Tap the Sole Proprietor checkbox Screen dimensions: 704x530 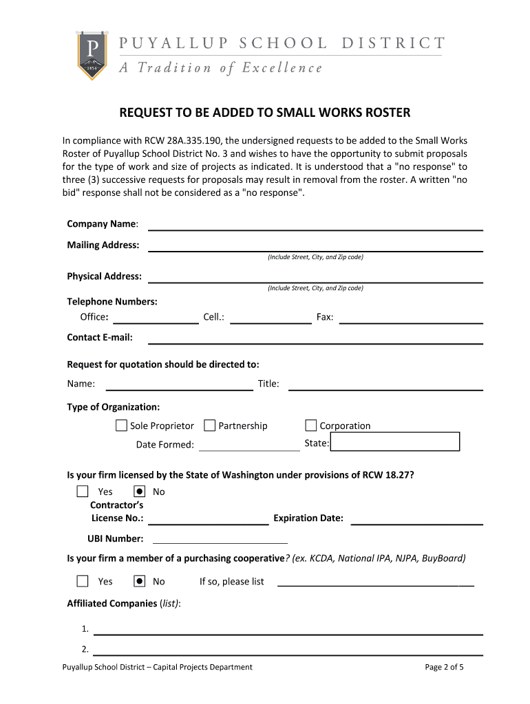122,426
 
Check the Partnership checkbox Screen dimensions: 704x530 210,426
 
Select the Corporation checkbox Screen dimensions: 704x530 311,426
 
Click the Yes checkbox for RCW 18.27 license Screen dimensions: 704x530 83,492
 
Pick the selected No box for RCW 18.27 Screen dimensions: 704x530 140,492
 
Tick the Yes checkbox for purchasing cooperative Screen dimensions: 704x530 83,581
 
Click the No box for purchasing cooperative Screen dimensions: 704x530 140,581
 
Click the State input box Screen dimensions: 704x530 394,441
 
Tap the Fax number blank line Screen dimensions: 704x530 411,318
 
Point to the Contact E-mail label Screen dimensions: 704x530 100,338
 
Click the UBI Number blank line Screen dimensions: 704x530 219,539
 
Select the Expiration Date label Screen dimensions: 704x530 308,518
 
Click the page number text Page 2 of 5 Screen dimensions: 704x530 445,667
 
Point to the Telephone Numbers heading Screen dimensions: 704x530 112,302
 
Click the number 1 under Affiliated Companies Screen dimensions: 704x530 85,629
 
